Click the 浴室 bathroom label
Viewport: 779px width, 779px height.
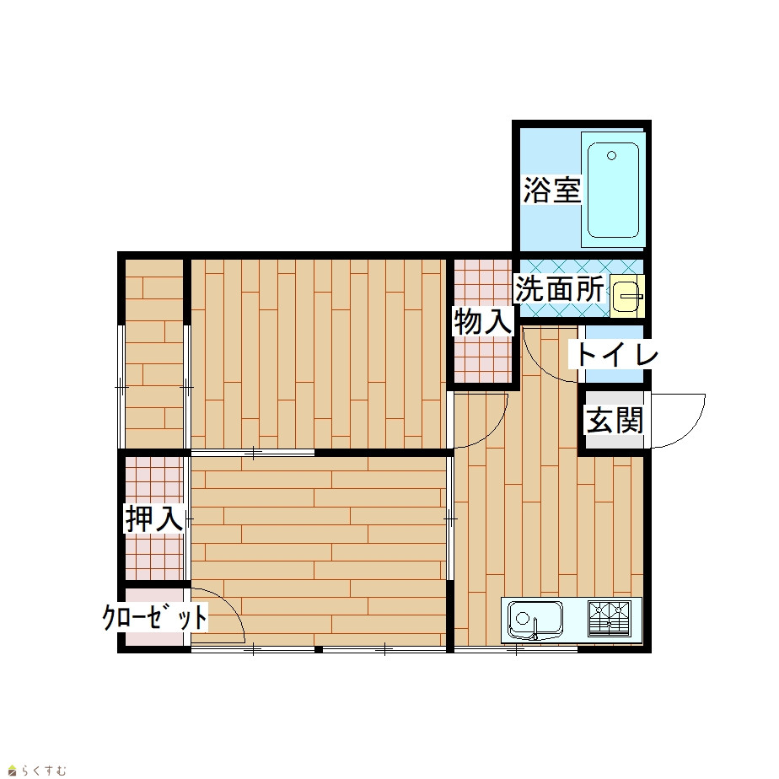point(552,191)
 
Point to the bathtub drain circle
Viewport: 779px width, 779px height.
point(611,155)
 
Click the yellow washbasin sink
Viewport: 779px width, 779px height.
point(627,296)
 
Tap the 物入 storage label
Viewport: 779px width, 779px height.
point(482,321)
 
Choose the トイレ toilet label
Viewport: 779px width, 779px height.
point(616,355)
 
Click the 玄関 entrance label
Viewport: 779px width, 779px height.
point(615,420)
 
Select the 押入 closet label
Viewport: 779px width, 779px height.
point(154,518)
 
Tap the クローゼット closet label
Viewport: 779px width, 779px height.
point(154,617)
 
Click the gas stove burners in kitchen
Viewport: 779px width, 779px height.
point(609,619)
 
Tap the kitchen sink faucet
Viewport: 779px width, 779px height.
point(535,629)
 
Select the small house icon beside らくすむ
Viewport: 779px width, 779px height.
point(13,771)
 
